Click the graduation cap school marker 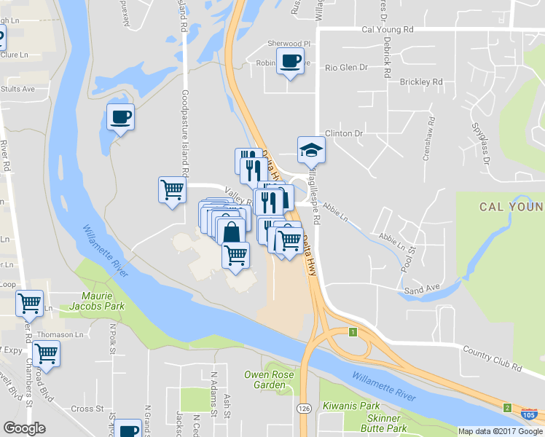pos(311,150)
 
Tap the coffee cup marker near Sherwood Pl pos(289,61)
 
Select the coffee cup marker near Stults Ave pos(120,116)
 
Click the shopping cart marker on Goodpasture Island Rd pos(172,190)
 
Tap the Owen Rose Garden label pos(265,379)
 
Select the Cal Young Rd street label pos(387,30)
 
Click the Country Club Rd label pos(492,358)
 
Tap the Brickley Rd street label pos(421,82)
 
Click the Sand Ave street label pos(423,288)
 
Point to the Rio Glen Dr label pos(346,68)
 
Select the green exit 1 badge pos(353,332)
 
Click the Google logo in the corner pos(24,428)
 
